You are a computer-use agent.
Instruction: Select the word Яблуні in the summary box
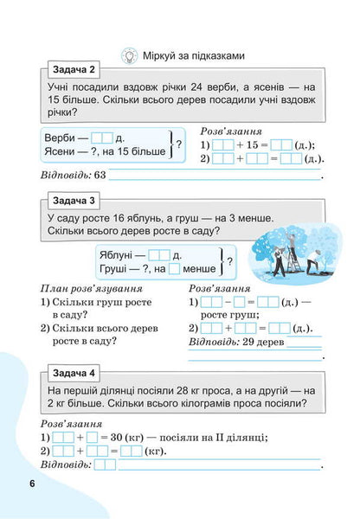click(122, 255)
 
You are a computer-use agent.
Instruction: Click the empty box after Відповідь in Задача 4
click(105, 465)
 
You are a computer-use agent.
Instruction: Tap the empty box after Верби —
click(102, 137)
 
